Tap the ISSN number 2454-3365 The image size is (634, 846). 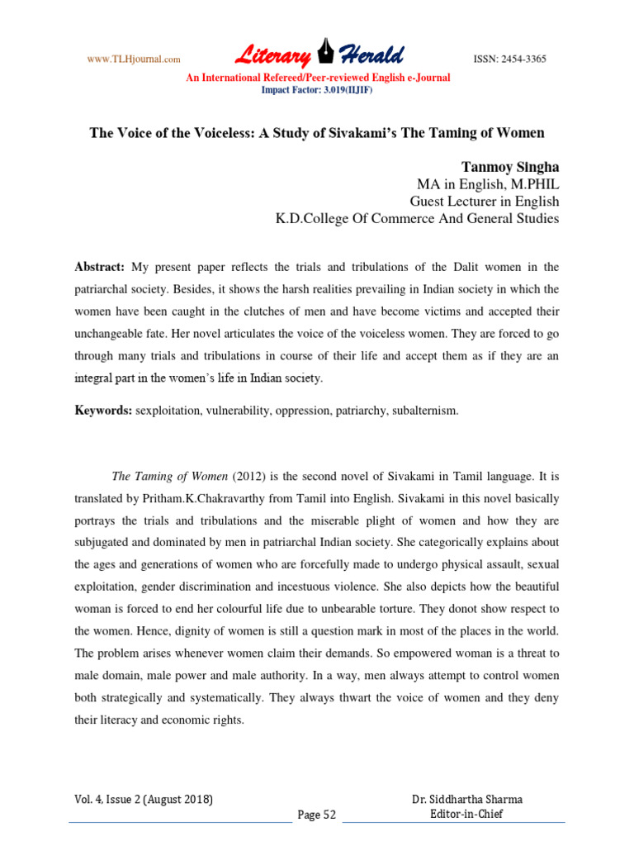(x=509, y=59)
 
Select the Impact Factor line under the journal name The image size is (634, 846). (x=317, y=89)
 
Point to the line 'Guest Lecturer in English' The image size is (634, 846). (x=485, y=202)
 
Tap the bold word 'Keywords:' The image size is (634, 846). (x=103, y=411)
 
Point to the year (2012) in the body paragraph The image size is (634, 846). (x=252, y=478)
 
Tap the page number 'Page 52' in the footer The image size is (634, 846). (x=317, y=815)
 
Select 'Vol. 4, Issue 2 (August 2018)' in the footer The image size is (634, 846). (x=141, y=800)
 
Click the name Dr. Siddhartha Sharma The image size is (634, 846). (x=467, y=800)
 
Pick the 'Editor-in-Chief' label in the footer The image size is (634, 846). (x=467, y=814)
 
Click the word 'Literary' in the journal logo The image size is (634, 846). (x=272, y=55)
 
